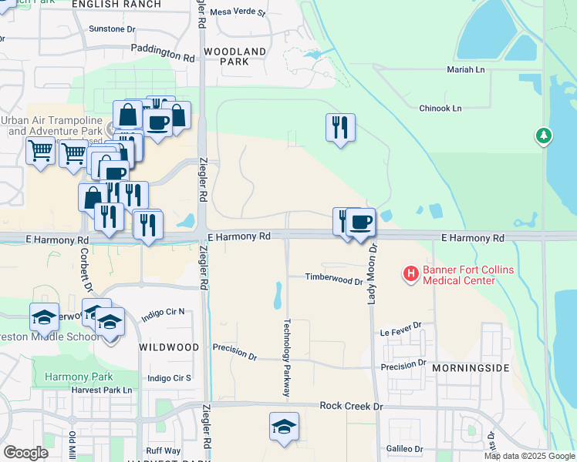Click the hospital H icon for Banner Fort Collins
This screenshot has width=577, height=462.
point(411,273)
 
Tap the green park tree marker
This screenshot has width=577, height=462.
point(545,136)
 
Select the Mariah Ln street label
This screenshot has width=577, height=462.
point(465,69)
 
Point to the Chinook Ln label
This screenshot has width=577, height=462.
point(440,109)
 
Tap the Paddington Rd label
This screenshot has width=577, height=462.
point(163,56)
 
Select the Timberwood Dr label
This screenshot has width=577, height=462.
point(333,278)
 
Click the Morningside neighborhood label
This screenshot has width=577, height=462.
point(471,368)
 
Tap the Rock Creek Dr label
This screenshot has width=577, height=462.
point(351,406)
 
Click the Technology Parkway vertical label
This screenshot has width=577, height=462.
point(287,358)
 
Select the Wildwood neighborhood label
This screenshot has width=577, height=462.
point(169,347)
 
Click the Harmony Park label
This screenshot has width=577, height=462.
point(79,377)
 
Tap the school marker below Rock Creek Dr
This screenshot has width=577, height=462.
point(284,427)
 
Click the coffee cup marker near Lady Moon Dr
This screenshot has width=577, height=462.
point(360,223)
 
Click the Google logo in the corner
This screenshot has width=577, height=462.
point(25,453)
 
